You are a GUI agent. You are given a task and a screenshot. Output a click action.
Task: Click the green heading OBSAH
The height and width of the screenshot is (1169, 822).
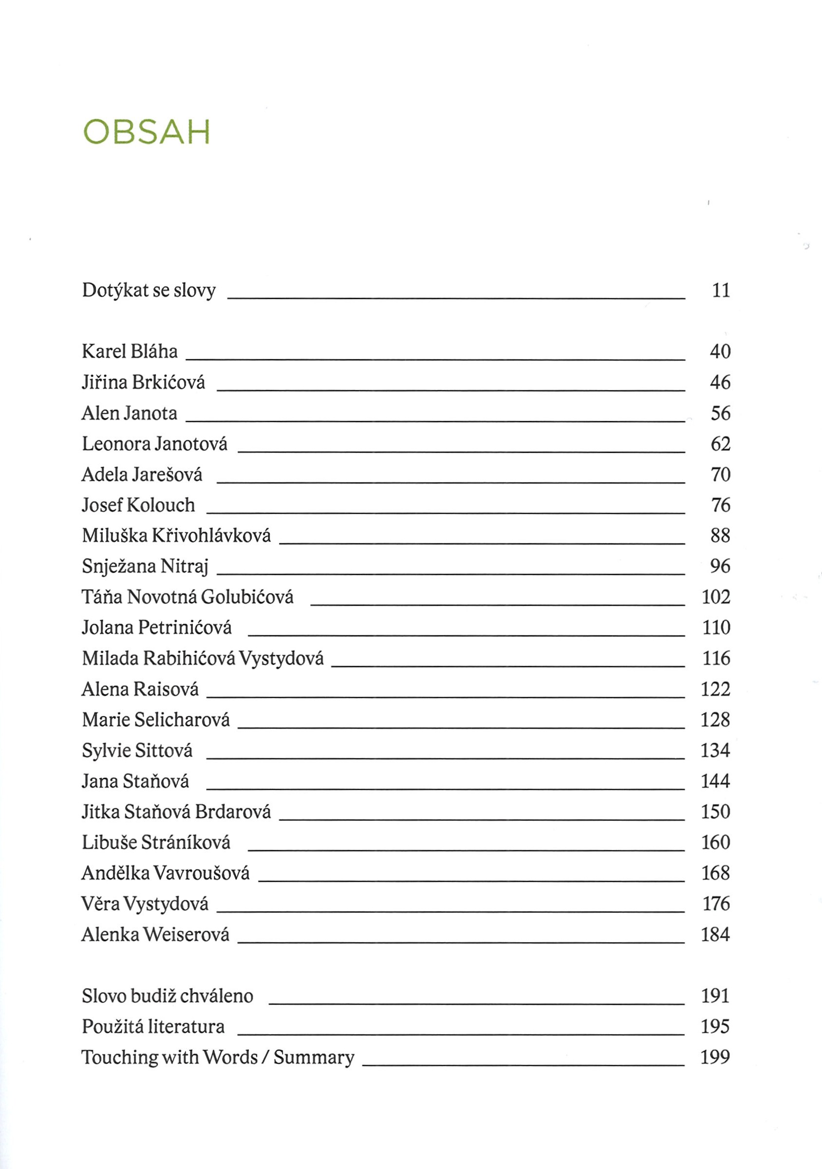click(146, 132)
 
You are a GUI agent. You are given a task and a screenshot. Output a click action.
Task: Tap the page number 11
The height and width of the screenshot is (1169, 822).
click(721, 290)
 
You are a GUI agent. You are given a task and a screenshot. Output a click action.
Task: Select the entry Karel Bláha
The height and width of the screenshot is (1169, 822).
click(130, 352)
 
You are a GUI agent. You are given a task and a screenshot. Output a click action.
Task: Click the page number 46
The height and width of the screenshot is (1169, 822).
click(720, 382)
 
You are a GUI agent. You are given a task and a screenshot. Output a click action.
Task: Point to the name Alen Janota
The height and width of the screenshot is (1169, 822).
click(130, 413)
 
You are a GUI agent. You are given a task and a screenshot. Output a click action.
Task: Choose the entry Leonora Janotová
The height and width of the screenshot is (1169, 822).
click(155, 444)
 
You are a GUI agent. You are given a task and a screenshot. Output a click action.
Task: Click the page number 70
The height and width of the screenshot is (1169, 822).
click(721, 475)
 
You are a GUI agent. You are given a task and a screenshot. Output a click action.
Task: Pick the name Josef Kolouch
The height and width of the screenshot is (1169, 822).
click(138, 505)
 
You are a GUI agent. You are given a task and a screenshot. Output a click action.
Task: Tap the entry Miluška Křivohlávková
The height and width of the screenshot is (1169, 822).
click(176, 536)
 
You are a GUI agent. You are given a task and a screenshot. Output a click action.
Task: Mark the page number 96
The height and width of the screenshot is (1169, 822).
click(720, 566)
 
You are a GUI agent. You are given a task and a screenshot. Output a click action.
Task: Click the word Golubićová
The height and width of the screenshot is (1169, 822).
click(247, 597)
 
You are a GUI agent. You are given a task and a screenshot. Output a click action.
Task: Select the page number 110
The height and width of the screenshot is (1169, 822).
click(716, 627)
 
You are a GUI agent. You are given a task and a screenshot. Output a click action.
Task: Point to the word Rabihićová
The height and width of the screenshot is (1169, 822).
click(189, 658)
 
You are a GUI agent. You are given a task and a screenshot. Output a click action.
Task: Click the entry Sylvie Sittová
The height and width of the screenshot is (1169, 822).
click(137, 750)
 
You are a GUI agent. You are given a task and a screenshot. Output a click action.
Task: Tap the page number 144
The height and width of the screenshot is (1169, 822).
click(715, 781)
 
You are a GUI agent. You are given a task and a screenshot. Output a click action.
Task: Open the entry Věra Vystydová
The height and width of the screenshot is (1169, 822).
click(145, 904)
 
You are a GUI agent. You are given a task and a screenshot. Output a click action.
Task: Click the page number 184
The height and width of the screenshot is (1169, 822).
click(715, 934)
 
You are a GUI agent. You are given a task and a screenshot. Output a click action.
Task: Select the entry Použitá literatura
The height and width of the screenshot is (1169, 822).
click(153, 1026)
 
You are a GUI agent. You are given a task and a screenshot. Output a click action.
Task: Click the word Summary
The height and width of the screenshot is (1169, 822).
click(314, 1058)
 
